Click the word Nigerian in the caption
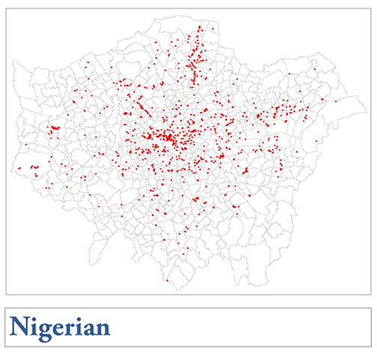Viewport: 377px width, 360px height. pos(60,327)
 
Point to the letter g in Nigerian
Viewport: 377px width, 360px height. pos(43,330)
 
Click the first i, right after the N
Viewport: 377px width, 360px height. pos(31,327)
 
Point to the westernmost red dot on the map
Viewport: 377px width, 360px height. pos(19,168)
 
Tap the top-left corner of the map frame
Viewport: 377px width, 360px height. pos(6,8)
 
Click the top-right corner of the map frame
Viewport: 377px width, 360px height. pos(370,8)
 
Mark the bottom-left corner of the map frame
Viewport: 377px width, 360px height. pos(6,294)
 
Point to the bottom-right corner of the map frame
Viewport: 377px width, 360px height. pos(370,294)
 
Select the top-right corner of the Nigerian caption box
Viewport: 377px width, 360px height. pos(370,307)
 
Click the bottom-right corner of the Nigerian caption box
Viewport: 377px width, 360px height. pos(370,346)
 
